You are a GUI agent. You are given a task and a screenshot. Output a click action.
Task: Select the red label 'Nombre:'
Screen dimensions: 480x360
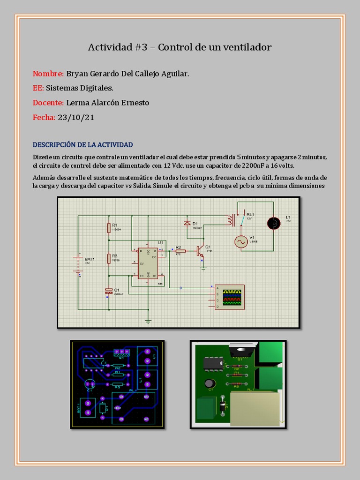pos(48,74)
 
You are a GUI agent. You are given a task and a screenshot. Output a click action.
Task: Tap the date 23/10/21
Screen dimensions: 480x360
pos(76,117)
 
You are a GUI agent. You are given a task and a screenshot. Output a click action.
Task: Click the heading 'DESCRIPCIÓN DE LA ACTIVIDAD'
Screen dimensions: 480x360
pos(82,144)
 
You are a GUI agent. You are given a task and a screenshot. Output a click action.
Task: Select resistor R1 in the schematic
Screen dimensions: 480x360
pos(109,228)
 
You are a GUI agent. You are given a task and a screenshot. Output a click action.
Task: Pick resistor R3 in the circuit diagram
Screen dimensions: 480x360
pos(109,258)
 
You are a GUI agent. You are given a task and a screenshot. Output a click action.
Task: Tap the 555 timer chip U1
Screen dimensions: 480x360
pos(148,263)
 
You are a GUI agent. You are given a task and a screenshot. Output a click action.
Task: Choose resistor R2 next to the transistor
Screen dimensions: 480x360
pos(180,251)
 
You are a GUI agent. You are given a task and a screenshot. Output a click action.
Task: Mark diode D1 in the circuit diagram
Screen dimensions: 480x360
pos(187,224)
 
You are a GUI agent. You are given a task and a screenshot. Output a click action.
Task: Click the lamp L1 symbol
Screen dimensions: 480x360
pos(273,223)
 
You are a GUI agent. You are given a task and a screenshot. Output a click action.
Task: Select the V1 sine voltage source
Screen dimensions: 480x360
pos(241,241)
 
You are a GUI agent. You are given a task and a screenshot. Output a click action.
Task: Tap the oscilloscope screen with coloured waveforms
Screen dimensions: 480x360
pos(233,297)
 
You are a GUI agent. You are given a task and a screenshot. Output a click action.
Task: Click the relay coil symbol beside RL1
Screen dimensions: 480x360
pos(230,220)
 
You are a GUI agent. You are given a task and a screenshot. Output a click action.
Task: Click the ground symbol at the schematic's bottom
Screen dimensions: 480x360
pos(148,322)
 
